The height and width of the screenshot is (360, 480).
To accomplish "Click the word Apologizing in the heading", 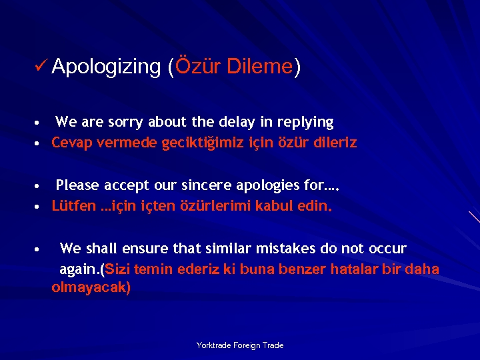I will [105, 67].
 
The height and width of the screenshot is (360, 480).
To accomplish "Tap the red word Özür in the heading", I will [197, 66].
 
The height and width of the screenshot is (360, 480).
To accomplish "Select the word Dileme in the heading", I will [260, 66].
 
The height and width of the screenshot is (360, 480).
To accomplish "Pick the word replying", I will [305, 123].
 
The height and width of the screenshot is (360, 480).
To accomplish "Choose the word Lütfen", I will [73, 206].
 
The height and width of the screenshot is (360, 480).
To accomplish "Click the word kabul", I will [279, 206].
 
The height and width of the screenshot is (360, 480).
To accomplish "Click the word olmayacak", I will [91, 288].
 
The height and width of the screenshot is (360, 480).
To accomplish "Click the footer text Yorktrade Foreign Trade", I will [240, 345].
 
